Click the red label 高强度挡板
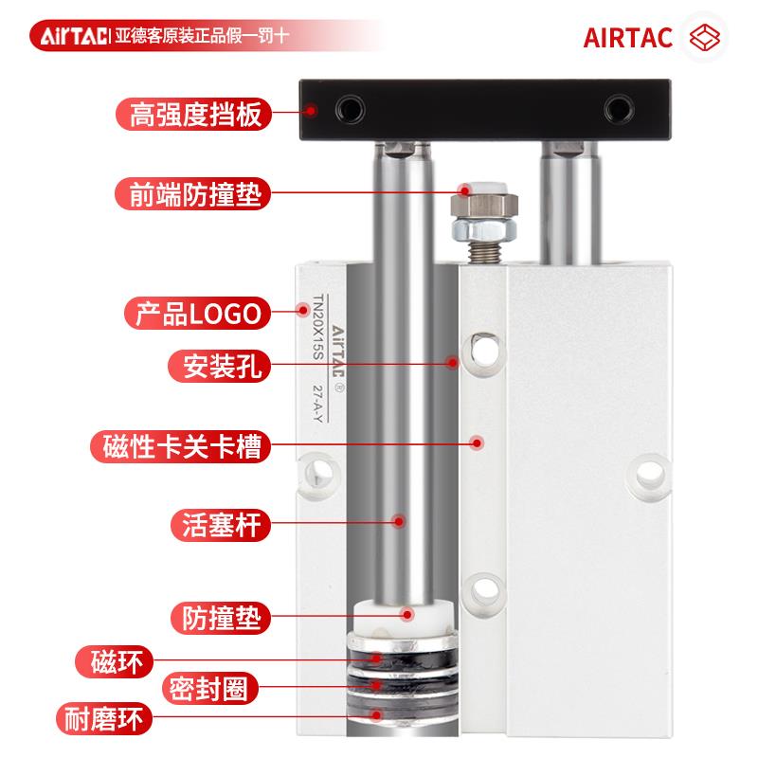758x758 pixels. tap(194, 116)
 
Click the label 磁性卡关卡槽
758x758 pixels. tap(179, 443)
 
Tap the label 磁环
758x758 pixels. tap(116, 659)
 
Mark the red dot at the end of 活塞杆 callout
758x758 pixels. tap(399, 521)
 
